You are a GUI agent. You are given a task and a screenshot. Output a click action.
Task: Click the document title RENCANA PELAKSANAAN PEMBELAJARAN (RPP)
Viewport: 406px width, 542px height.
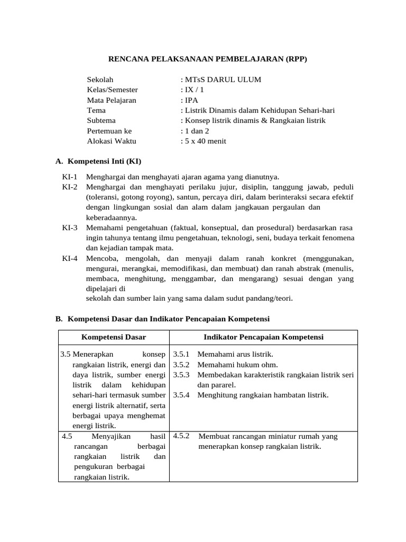click(x=204, y=59)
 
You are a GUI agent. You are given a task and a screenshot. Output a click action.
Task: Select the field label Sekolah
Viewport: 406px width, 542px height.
click(x=100, y=80)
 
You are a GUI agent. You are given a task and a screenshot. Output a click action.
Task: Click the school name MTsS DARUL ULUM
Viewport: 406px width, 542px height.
click(x=221, y=80)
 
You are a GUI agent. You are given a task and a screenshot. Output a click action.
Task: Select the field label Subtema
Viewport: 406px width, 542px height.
click(x=101, y=121)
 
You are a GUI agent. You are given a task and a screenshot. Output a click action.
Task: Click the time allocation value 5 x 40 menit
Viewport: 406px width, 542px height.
click(x=204, y=141)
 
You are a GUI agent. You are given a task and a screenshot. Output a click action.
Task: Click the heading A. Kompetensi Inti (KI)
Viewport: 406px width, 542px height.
click(x=98, y=161)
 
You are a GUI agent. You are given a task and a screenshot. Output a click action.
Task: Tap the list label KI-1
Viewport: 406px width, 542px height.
click(x=70, y=177)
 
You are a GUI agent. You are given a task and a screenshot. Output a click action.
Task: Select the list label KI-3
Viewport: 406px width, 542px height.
click(x=70, y=228)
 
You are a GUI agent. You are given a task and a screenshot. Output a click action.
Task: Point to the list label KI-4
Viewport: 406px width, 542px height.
click(x=70, y=258)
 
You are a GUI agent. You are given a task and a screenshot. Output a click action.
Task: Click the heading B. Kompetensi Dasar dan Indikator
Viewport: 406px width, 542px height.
click(x=163, y=319)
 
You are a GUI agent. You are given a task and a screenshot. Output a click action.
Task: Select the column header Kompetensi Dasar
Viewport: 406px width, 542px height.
click(x=114, y=337)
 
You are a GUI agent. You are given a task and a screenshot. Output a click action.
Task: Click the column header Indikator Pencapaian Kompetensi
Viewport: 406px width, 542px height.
click(x=263, y=337)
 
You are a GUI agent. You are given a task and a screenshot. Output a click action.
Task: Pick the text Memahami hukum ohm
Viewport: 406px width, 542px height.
click(x=237, y=364)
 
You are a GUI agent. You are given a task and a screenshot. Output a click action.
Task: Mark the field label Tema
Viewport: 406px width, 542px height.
click(x=96, y=111)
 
